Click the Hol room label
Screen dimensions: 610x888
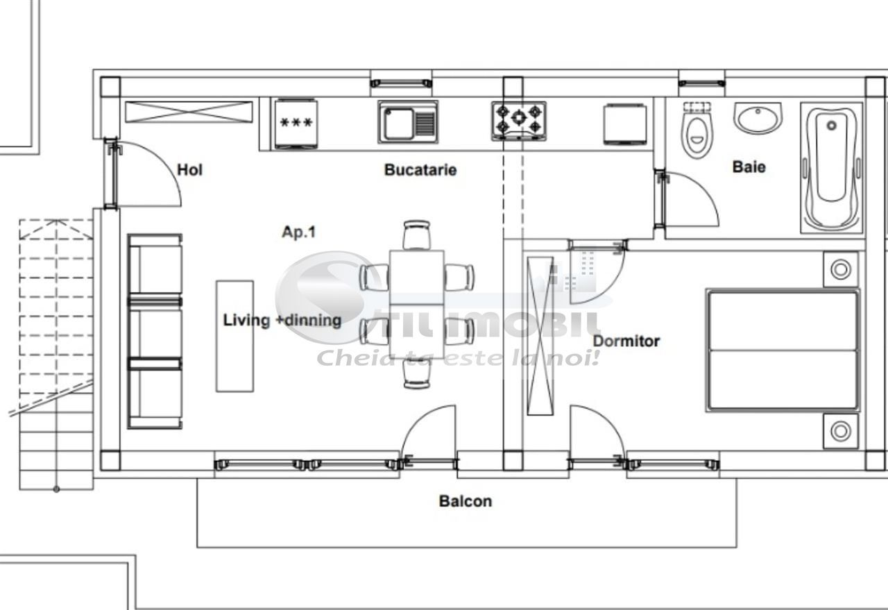pyautogui.click(x=189, y=169)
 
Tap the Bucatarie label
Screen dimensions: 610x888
pyautogui.click(x=420, y=169)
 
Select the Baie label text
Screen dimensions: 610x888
pyautogui.click(x=749, y=167)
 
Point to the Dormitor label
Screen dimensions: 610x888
pyautogui.click(x=626, y=341)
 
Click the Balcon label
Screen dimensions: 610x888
pyautogui.click(x=465, y=501)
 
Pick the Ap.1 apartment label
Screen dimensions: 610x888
pyautogui.click(x=298, y=232)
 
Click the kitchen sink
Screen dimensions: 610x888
pyautogui.click(x=408, y=122)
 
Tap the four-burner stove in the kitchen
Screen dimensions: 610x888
pyautogui.click(x=519, y=120)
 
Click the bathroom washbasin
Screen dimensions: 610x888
pyautogui.click(x=758, y=118)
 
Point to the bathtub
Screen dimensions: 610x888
pyautogui.click(x=832, y=167)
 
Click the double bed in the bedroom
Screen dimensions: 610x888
pyautogui.click(x=783, y=350)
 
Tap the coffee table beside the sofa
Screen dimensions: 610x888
pyautogui.click(x=234, y=336)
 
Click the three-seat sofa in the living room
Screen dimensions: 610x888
pyautogui.click(x=155, y=331)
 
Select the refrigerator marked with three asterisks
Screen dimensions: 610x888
pyautogui.click(x=296, y=123)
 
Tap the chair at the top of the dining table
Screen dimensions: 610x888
pyautogui.click(x=417, y=235)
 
